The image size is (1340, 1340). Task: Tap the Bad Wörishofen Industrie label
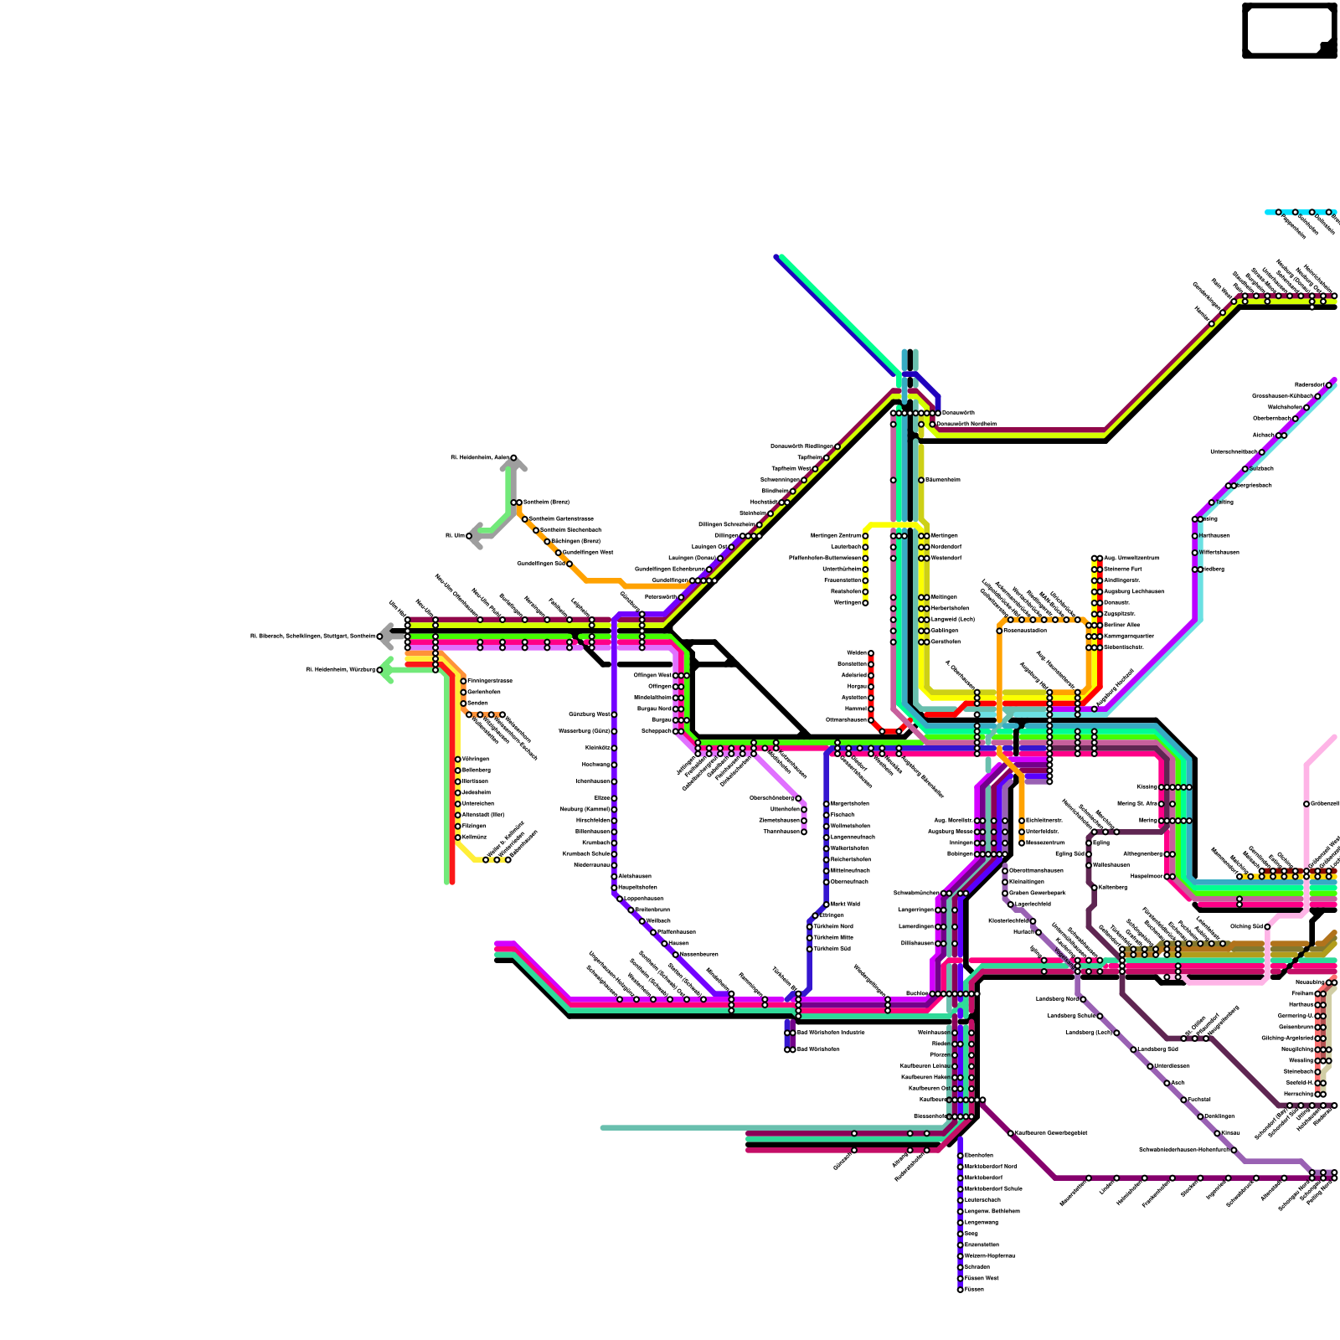[x=830, y=1033]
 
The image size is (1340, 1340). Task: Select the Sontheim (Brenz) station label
[x=546, y=502]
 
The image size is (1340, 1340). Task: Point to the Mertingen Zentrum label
[x=835, y=536]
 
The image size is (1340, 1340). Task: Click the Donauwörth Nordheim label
[x=966, y=425]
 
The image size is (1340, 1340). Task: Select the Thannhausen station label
[x=781, y=832]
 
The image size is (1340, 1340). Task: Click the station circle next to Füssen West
[x=961, y=1278]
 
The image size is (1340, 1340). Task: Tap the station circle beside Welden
[x=871, y=653]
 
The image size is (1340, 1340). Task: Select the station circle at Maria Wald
[x=827, y=904]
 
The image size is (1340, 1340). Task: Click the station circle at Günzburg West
[x=614, y=714]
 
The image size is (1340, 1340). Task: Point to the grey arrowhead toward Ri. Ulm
[x=474, y=536]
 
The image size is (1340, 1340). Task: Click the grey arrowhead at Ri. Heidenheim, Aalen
[x=514, y=462]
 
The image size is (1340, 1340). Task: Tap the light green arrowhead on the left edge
[x=385, y=670]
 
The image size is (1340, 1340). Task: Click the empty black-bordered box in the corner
[x=1289, y=30]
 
